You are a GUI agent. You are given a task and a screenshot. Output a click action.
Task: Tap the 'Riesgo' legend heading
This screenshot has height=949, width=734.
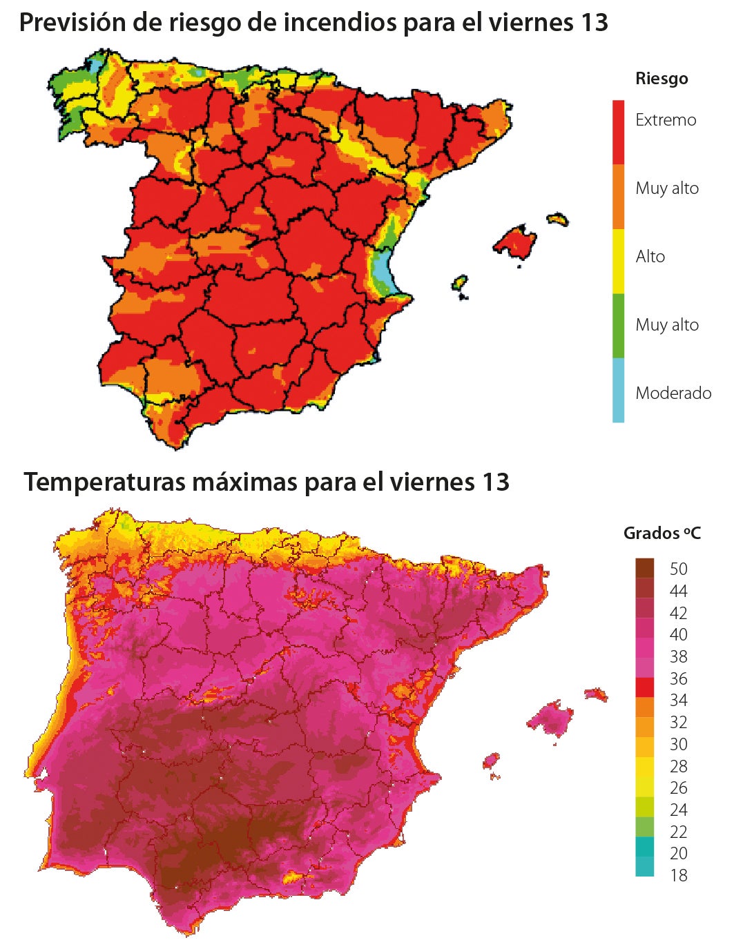[661, 79]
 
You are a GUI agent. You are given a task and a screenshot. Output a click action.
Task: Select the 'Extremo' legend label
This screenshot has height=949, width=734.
[666, 120]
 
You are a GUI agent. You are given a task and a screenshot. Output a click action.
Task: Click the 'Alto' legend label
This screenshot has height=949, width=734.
[650, 257]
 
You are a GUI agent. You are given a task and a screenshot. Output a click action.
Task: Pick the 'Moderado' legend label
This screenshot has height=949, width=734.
[673, 393]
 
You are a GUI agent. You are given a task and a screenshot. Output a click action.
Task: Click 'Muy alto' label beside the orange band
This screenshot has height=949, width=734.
[667, 188]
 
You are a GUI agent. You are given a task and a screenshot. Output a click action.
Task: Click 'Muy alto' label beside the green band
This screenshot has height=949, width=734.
[667, 325]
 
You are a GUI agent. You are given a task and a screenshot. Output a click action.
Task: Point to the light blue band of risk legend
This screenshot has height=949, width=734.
[618, 390]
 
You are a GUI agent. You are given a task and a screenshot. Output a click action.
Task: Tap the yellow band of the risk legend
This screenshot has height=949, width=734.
[618, 261]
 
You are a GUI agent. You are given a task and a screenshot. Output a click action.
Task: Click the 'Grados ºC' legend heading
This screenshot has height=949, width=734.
[661, 534]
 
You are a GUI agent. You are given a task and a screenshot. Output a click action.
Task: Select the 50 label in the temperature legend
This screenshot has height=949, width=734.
[679, 569]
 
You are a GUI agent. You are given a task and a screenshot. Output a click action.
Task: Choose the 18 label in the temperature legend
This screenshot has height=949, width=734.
[679, 875]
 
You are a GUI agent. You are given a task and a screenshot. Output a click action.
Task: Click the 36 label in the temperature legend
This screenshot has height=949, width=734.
[679, 678]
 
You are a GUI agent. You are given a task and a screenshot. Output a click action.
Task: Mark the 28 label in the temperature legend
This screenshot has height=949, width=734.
[679, 766]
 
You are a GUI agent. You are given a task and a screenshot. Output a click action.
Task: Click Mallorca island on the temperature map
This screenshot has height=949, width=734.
[551, 718]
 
